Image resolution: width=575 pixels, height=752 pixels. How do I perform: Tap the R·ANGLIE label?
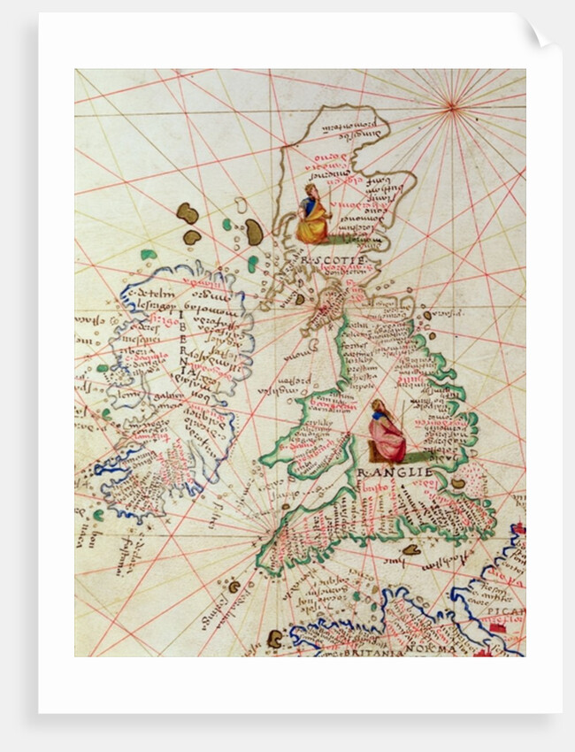pyautogui.click(x=395, y=472)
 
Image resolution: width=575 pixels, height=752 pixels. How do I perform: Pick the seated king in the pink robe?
pyautogui.click(x=386, y=433)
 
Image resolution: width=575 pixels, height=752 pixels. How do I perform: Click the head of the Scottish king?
pyautogui.click(x=310, y=189)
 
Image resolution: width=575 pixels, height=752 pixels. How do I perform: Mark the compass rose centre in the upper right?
pyautogui.click(x=452, y=107)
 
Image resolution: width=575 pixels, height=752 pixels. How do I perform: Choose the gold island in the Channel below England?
pyautogui.click(x=411, y=549)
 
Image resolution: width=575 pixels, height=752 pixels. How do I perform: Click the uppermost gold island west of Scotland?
pyautogui.click(x=187, y=213)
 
